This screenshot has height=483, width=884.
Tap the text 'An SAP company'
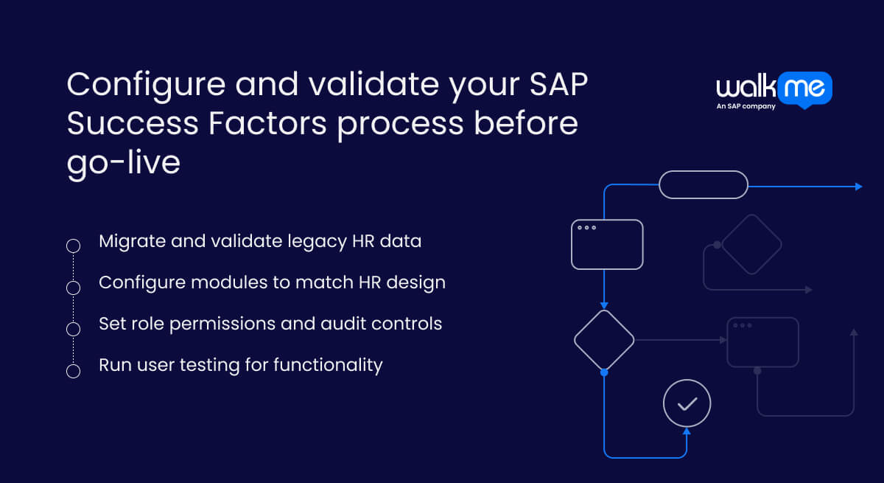(x=746, y=106)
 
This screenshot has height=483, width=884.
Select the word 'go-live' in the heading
(x=123, y=161)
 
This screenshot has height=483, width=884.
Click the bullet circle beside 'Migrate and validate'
(x=73, y=246)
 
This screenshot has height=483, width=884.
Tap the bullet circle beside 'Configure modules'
(x=73, y=287)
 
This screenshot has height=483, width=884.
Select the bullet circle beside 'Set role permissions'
(x=73, y=329)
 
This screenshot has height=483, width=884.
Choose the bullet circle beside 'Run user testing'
(x=73, y=371)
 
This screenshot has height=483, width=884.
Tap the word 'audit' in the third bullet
(x=344, y=324)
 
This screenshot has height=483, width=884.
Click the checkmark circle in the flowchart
(x=687, y=403)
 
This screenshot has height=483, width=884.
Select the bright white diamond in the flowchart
(x=604, y=340)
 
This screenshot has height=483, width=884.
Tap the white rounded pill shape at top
(x=703, y=184)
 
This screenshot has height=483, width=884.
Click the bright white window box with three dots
(x=607, y=244)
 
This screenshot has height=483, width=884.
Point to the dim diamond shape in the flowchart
(x=751, y=244)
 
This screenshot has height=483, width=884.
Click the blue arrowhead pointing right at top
(x=858, y=187)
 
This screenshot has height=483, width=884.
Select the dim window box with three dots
(x=762, y=342)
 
